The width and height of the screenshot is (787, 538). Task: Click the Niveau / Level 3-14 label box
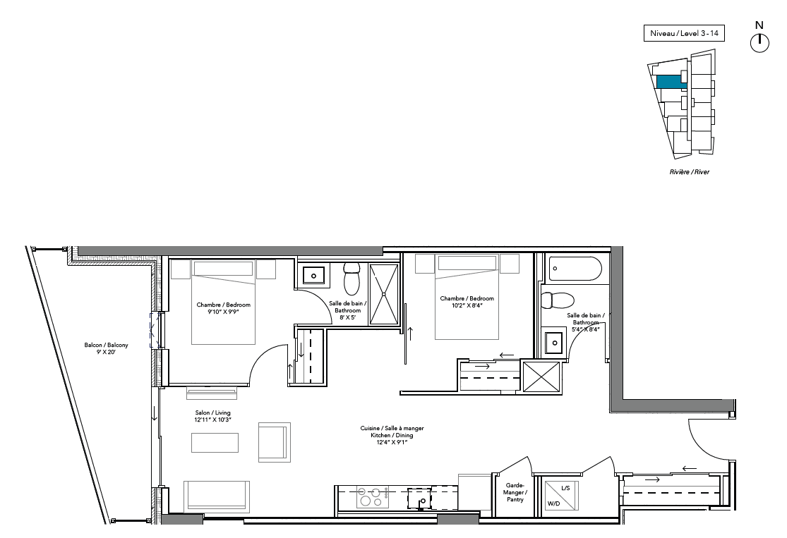[x=684, y=33]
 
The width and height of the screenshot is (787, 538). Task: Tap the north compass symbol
[x=759, y=42]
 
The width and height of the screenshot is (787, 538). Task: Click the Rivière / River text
[x=689, y=171]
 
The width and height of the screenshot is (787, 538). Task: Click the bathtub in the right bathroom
[x=575, y=269]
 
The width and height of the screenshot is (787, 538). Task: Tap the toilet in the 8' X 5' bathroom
[x=352, y=279]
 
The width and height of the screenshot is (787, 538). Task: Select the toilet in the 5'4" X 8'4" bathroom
[x=557, y=301]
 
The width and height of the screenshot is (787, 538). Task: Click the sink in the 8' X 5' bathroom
[x=313, y=275]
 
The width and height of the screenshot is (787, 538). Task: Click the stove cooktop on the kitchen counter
[x=373, y=497]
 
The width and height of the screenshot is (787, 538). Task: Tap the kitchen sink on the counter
[x=419, y=499]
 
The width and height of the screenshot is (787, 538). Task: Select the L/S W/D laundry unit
[x=562, y=496]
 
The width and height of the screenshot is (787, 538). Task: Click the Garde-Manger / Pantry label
[x=515, y=492]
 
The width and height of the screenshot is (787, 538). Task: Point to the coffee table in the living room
[x=215, y=442]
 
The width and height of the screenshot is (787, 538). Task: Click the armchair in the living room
[x=274, y=442]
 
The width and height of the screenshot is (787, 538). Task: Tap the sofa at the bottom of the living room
[x=216, y=496]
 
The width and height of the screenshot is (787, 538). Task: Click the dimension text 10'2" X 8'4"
[x=467, y=305]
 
